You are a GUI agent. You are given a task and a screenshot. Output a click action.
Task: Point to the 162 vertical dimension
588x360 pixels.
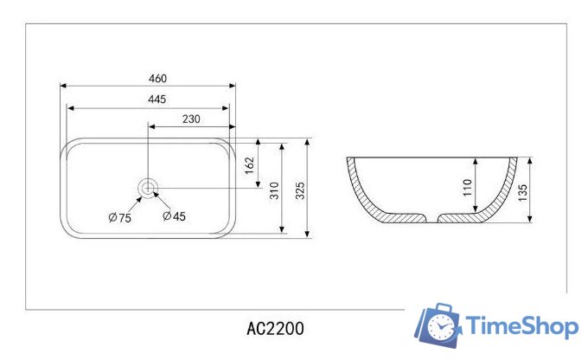pos(249,165)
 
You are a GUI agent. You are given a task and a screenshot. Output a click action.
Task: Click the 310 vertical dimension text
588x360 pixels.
pos(273,191)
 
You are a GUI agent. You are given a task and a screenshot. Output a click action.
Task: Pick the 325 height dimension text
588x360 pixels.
pos(300,191)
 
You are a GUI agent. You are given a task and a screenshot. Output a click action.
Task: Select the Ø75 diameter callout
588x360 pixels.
pos(119,218)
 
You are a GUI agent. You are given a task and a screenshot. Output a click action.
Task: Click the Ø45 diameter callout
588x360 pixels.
pos(174,216)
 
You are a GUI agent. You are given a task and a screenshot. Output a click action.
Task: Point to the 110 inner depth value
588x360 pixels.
pos(466,186)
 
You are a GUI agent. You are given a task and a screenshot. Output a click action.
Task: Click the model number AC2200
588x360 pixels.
pos(275,330)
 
